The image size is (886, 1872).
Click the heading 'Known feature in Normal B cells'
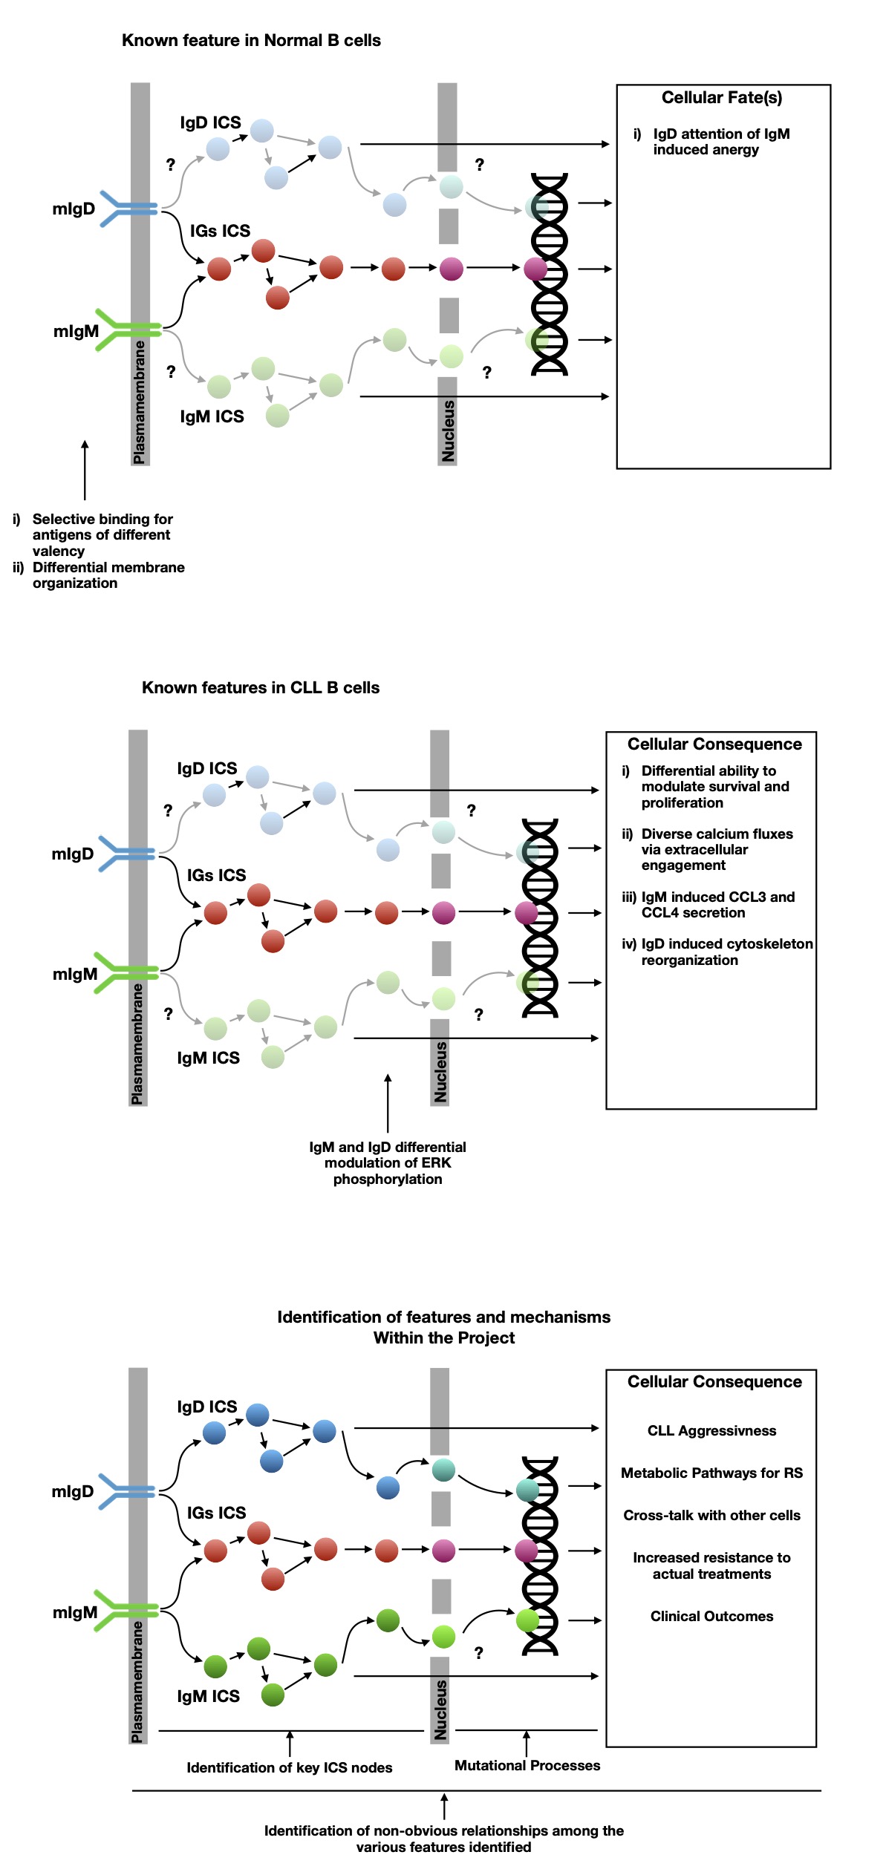(x=251, y=41)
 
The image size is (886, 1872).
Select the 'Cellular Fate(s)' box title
(x=721, y=98)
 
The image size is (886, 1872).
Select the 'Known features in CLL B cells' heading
(x=261, y=688)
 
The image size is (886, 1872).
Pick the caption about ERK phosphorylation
(x=388, y=1163)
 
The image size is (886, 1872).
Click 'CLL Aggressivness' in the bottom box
(x=711, y=1431)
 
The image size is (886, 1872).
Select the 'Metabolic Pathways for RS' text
(x=711, y=1473)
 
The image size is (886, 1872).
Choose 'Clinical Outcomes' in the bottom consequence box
(x=711, y=1616)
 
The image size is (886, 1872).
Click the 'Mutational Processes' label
(x=527, y=1765)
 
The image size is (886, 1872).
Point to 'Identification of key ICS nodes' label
(x=289, y=1767)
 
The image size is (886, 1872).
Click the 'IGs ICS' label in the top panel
(x=220, y=231)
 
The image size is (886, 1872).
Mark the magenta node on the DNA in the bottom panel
(x=527, y=1550)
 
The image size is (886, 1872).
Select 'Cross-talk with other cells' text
(x=711, y=1515)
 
